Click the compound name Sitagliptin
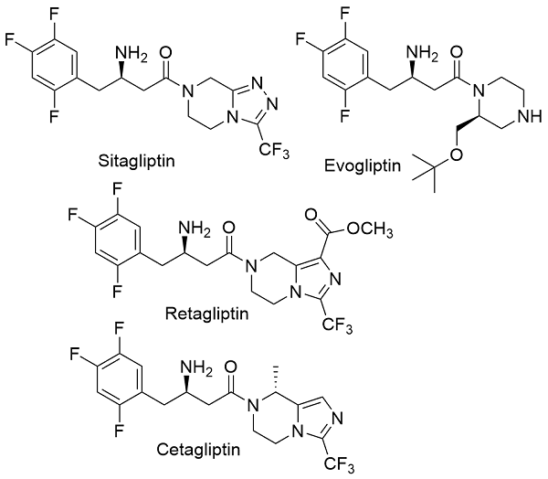point(136,161)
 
